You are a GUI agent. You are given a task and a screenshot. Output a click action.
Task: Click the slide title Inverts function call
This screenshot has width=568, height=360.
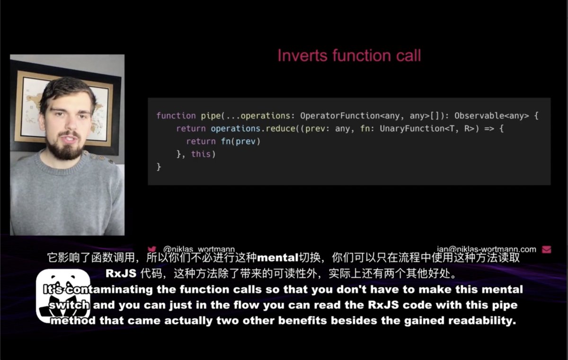coord(349,56)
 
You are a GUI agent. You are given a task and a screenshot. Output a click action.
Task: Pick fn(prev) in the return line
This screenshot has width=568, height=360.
coord(241,141)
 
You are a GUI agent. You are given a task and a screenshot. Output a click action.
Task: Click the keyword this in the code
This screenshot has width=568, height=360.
coord(201,154)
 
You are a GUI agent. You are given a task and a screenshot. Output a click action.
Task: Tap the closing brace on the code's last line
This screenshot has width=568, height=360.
coord(159,167)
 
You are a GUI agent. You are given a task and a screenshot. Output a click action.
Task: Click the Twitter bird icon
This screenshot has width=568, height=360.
coord(152,249)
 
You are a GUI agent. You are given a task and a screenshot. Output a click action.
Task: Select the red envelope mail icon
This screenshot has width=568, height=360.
coord(546,249)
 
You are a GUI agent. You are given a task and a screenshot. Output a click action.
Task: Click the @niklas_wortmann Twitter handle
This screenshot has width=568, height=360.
coord(199,249)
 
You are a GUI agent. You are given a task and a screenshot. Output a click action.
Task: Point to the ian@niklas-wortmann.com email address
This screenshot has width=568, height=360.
coord(487,249)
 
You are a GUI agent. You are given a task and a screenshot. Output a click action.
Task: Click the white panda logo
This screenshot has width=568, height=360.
coord(63,295)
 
